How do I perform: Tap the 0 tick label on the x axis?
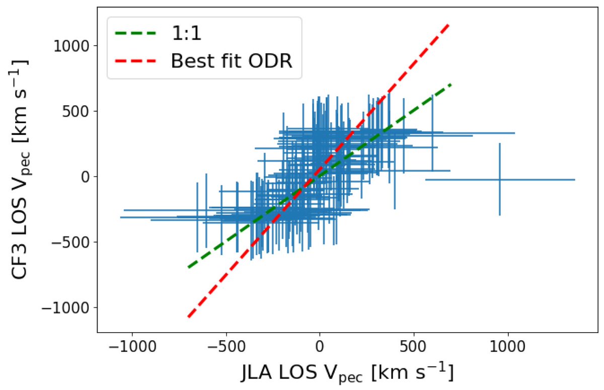319,348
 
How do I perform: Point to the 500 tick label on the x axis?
414,348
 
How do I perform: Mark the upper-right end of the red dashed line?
448,24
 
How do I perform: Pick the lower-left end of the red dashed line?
188,317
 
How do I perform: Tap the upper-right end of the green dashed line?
451,85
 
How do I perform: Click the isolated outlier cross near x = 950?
499,180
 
